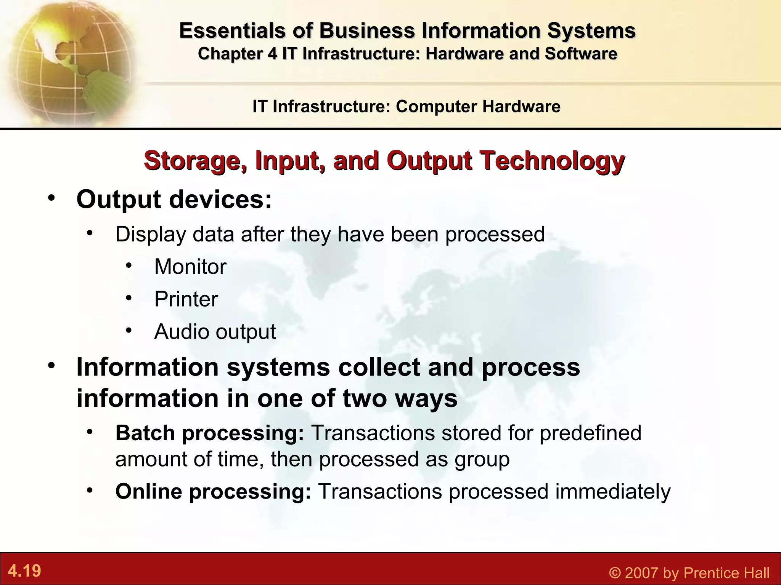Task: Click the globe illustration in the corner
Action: pos(69,61)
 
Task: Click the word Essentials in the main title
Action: pos(231,30)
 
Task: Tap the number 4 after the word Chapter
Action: pos(272,54)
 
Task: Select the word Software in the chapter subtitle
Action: pos(580,54)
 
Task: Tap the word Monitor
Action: pos(190,267)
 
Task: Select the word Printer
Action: pos(186,299)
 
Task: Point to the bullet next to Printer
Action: pos(129,297)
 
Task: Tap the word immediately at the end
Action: pos(612,491)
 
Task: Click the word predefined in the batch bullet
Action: pos(590,433)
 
